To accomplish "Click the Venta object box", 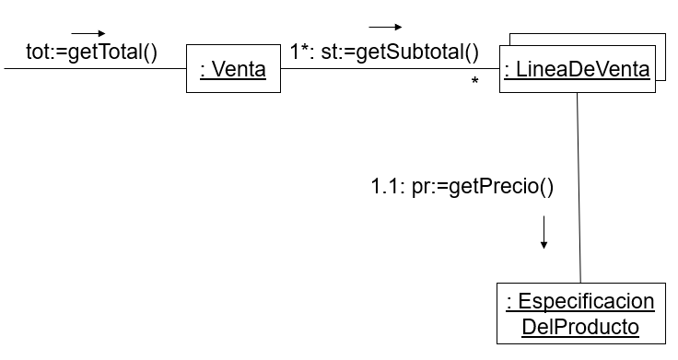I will click(233, 69).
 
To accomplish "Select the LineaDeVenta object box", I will click(576, 69).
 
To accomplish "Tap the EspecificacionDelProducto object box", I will click(579, 314).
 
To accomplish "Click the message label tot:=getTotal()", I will click(92, 52).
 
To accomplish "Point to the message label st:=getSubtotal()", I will click(400, 52).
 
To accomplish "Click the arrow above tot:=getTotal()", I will click(88, 34).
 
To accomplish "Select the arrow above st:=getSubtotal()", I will click(385, 28).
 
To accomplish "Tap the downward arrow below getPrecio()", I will click(544, 232).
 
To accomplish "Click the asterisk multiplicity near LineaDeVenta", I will click(474, 84).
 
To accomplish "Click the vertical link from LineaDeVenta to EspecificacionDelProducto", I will click(579, 184).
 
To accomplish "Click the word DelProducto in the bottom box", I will click(579, 327).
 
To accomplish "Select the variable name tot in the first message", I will click(38, 52).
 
